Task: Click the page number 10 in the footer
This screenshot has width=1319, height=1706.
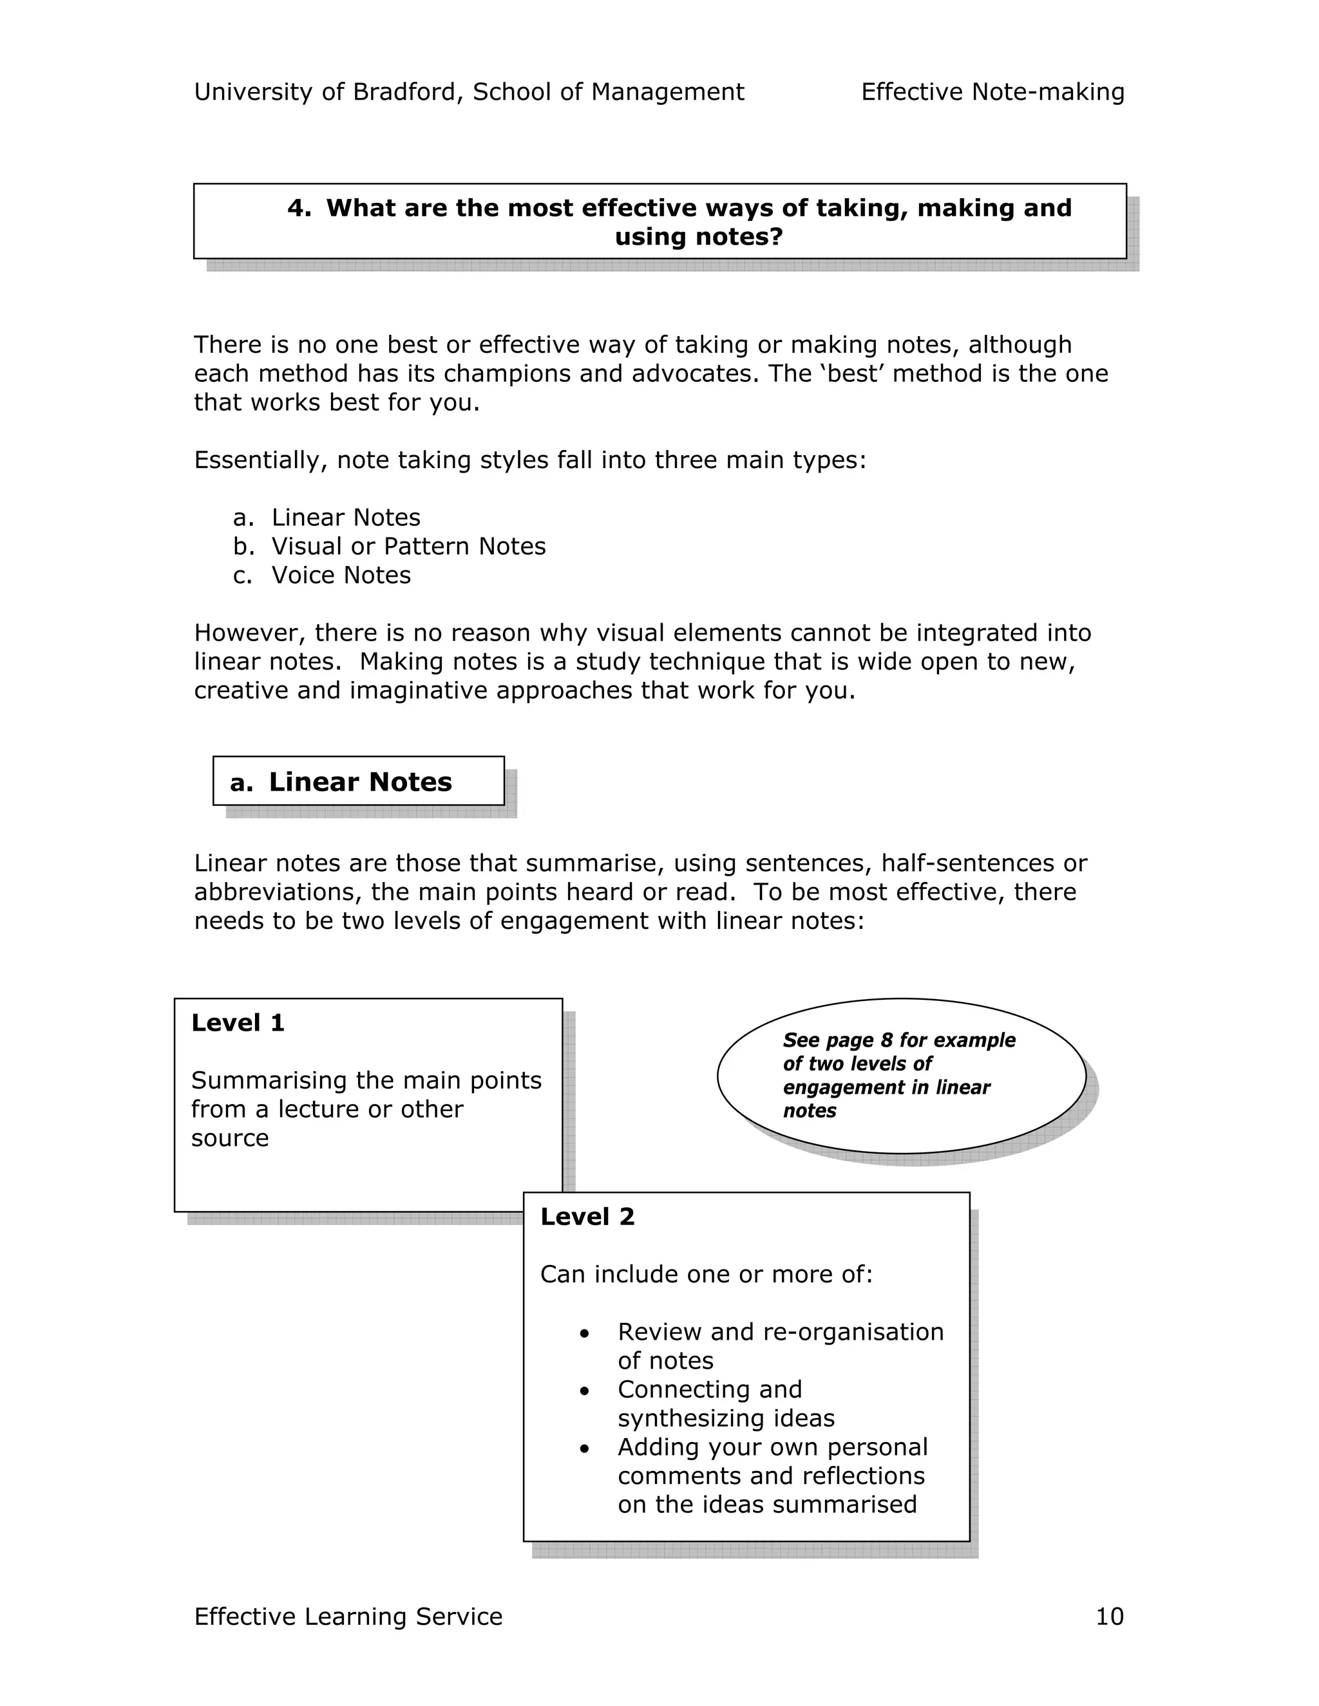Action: click(1109, 1616)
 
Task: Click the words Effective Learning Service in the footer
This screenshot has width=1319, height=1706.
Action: click(348, 1616)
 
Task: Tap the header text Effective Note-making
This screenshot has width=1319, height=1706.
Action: click(992, 92)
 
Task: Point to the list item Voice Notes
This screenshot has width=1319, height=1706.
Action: click(341, 575)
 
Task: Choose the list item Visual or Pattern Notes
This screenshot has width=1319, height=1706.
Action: click(408, 546)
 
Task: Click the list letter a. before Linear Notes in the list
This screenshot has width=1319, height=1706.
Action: click(243, 517)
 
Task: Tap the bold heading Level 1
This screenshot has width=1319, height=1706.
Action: click(238, 1022)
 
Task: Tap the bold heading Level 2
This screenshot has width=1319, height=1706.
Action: click(587, 1216)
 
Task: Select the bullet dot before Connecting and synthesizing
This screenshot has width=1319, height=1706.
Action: click(585, 1391)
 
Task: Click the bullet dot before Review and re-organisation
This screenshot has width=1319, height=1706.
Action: click(585, 1333)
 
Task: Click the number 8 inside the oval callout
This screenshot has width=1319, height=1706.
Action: click(886, 1040)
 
